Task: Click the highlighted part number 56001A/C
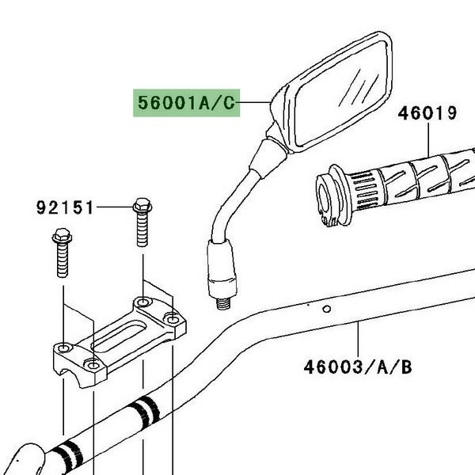coord(186,103)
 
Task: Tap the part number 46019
coord(427,113)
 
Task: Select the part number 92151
coord(65,207)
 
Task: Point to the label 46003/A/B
coord(358,367)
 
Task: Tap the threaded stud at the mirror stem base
coord(223,303)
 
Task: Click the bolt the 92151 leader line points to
coord(142,222)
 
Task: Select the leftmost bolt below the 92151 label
coord(62,253)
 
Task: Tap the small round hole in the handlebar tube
coord(326,309)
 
